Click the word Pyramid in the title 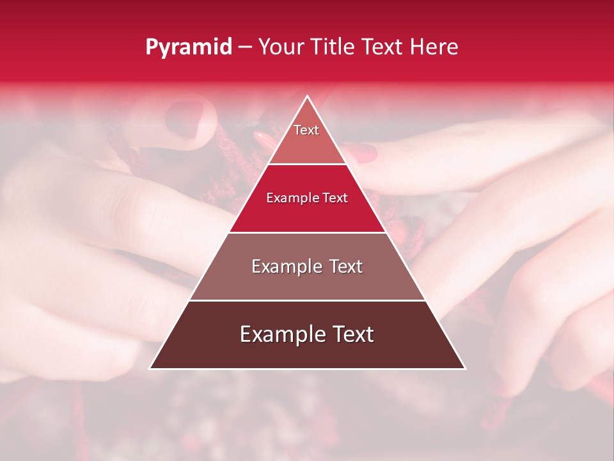click(189, 47)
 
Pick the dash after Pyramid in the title click(245, 47)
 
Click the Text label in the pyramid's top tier click(306, 130)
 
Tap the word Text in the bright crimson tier click(335, 198)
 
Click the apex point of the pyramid click(308, 97)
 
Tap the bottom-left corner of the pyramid click(150, 368)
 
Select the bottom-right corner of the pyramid click(465, 368)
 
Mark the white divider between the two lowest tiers click(308, 300)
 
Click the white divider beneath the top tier click(308, 165)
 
